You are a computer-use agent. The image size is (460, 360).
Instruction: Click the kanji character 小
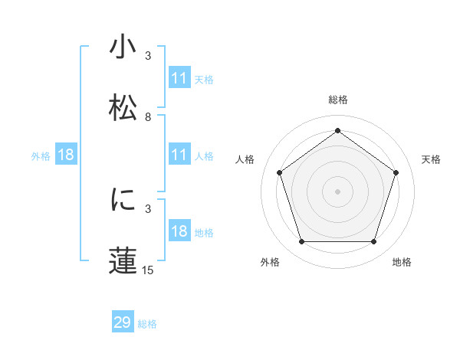pos(123,48)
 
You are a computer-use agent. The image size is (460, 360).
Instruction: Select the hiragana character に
pos(123,199)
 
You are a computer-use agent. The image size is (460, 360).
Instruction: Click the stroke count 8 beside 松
pos(148,117)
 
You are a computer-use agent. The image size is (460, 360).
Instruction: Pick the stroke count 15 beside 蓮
pos(148,270)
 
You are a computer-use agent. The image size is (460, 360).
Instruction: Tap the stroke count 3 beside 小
pos(148,57)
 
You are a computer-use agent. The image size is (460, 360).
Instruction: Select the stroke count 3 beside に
pos(148,208)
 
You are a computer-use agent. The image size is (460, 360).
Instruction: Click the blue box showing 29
pos(123,322)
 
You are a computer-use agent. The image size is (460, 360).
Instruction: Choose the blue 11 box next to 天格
pos(179,78)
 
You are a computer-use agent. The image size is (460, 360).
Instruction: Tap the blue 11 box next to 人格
pos(179,155)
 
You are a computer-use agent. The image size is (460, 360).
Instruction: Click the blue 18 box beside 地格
pos(179,231)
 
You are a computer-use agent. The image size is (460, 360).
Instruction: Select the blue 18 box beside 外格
pos(66,155)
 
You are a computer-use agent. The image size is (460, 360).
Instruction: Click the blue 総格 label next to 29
pos(147,324)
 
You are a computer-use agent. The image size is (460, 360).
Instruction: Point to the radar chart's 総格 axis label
pos(337,100)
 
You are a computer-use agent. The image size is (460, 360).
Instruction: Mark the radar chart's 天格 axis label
pos(431,159)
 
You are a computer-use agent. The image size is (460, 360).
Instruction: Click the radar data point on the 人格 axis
pos(280,172)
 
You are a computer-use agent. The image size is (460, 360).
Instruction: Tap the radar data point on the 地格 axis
pos(373,242)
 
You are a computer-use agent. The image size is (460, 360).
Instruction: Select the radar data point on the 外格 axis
pos(301,242)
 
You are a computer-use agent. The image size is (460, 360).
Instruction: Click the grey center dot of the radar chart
pos(337,191)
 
